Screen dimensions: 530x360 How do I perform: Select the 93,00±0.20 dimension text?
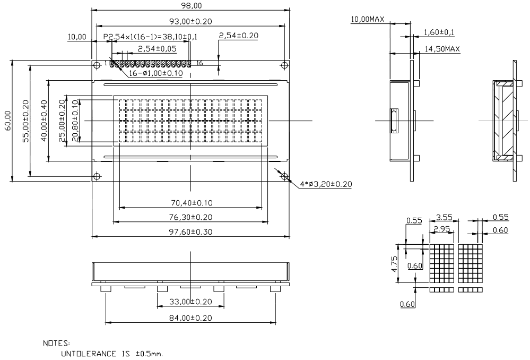pyautogui.click(x=190, y=21)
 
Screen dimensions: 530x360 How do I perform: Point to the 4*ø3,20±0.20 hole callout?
pyautogui.click(x=326, y=184)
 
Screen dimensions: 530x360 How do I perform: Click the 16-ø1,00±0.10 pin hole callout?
pyautogui.click(x=156, y=73)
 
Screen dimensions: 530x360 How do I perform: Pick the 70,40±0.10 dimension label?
pyautogui.click(x=192, y=203)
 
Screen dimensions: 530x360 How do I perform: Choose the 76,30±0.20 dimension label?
pyautogui.click(x=191, y=217)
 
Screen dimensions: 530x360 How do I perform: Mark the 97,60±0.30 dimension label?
pyautogui.click(x=191, y=232)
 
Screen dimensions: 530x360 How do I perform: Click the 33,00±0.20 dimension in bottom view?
pyautogui.click(x=190, y=302)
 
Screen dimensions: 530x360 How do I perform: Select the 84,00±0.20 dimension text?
pyautogui.click(x=190, y=318)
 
